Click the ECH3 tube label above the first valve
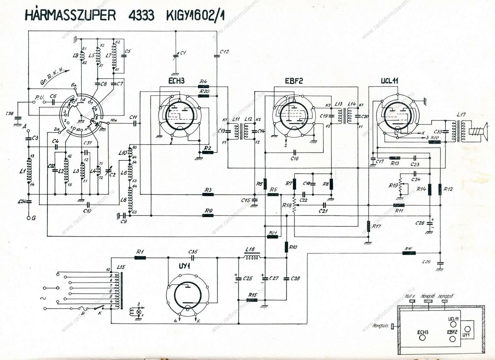tap(176, 81)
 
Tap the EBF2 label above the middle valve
tap(293, 81)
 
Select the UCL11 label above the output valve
tap(390, 81)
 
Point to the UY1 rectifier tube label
tap(185, 266)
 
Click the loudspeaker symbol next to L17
tap(478, 131)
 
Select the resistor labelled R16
tap(409, 253)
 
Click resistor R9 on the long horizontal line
tap(208, 216)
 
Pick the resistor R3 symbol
tap(208, 195)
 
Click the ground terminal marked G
tap(28, 218)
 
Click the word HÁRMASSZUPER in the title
tap(70, 15)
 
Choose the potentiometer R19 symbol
tap(400, 186)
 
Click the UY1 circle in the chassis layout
tap(467, 330)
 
